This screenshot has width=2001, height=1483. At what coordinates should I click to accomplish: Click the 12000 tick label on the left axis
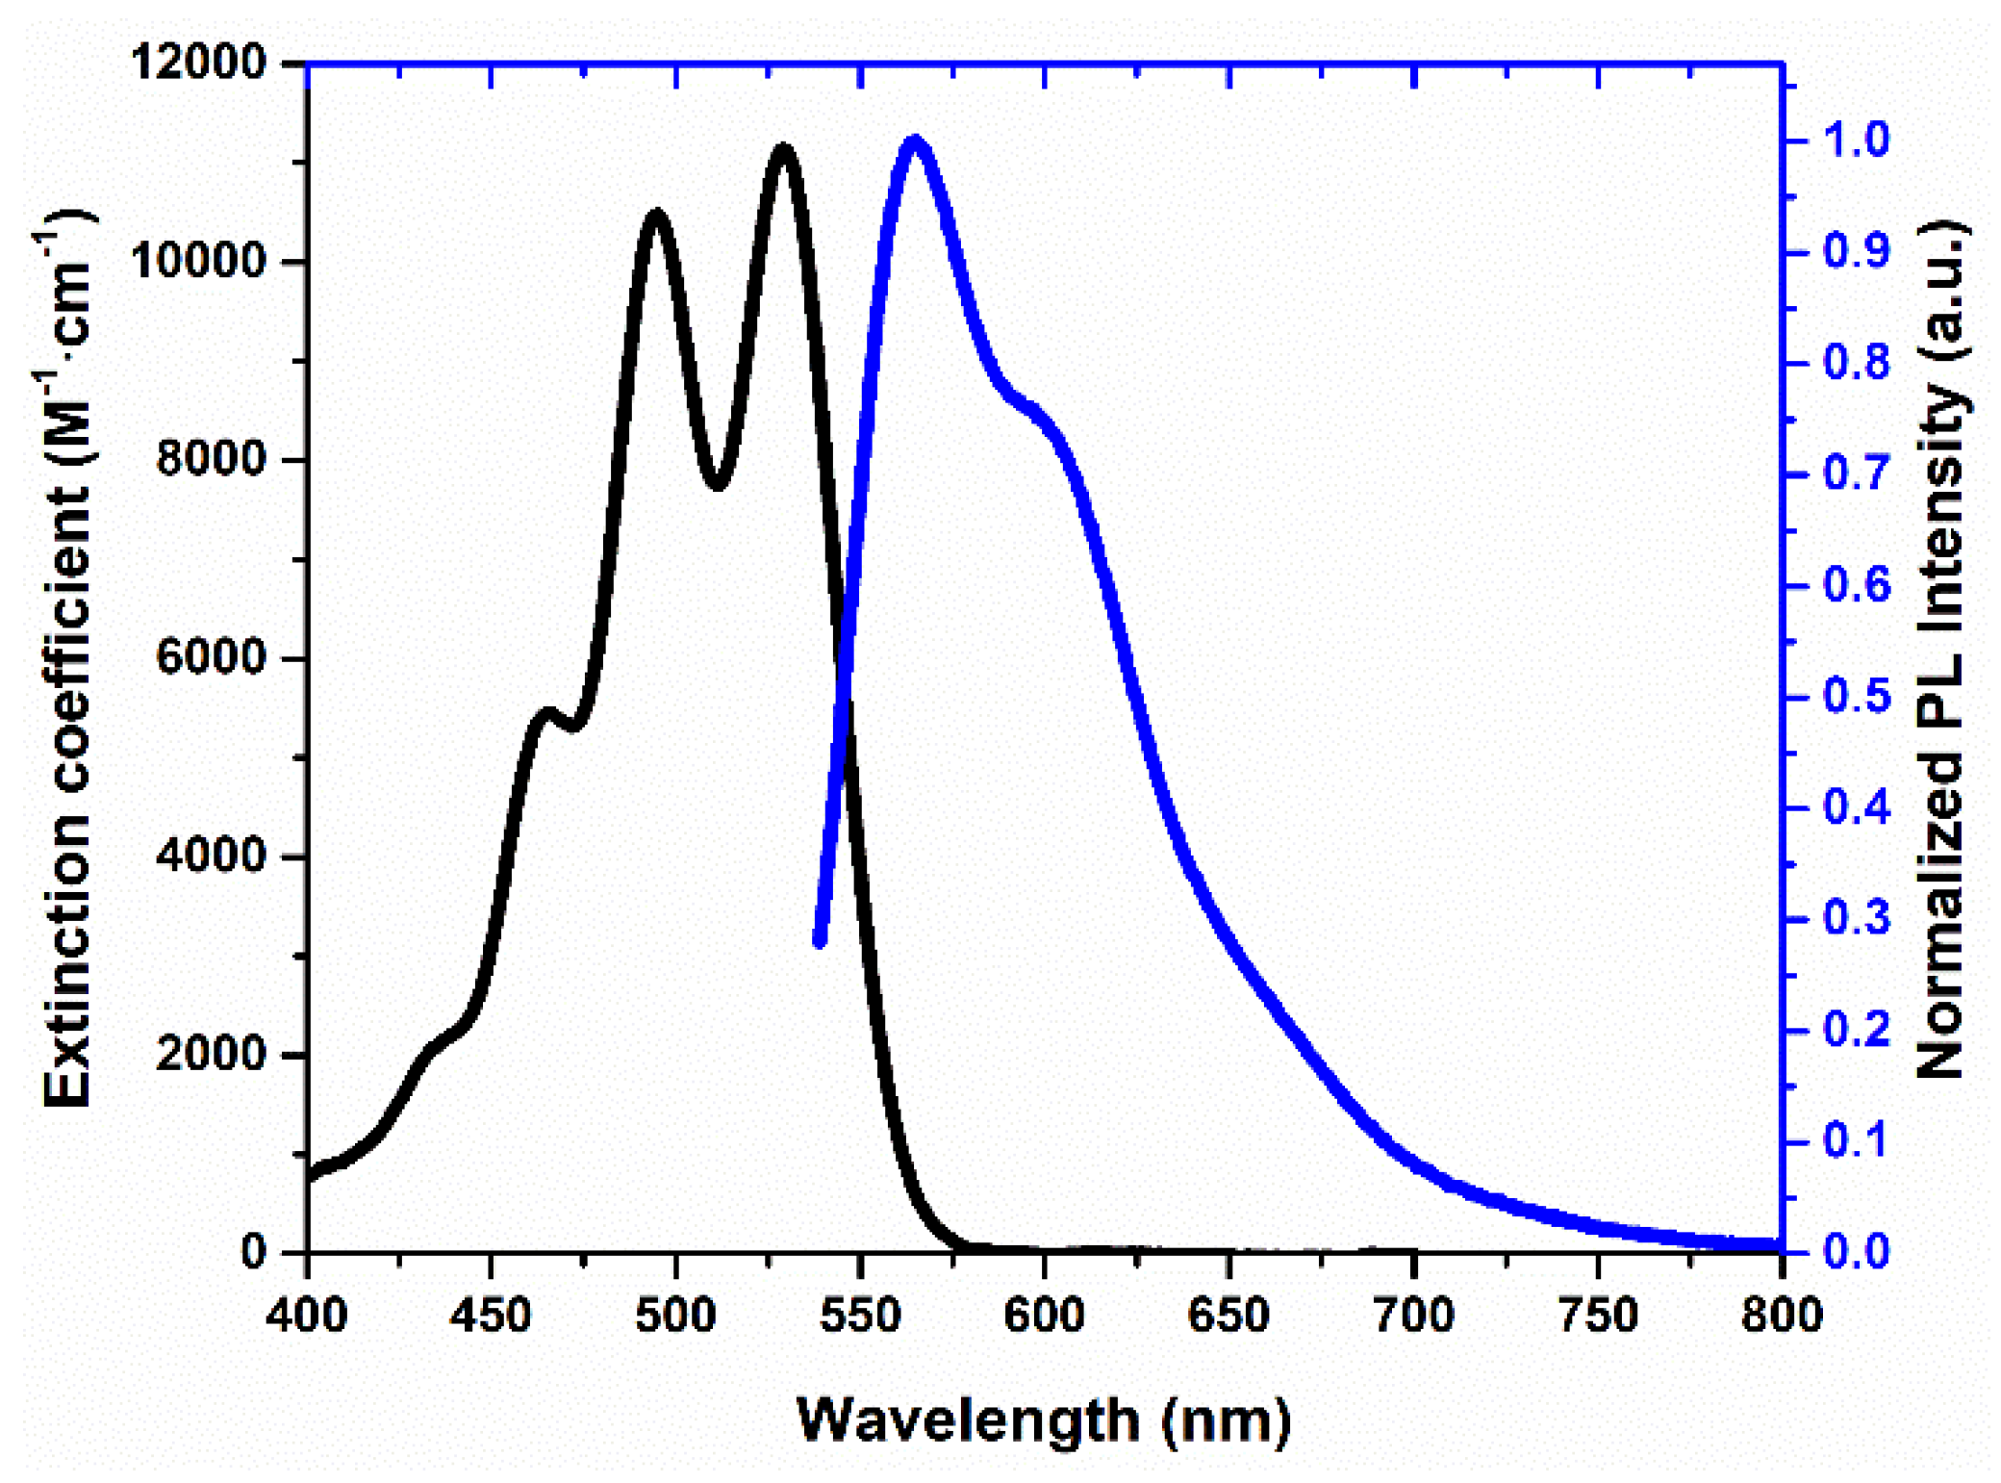pyautogui.click(x=197, y=63)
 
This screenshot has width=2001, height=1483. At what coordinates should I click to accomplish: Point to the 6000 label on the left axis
pyautogui.click(x=209, y=657)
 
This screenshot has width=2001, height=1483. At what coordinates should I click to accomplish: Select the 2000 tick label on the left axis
pyautogui.click(x=209, y=1054)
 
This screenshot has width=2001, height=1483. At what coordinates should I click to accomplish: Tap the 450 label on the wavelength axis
pyautogui.click(x=491, y=1314)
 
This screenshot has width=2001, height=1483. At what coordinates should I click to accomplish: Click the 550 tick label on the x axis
pyautogui.click(x=860, y=1314)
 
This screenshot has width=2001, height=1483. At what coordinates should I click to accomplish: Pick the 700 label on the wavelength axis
pyautogui.click(x=1413, y=1314)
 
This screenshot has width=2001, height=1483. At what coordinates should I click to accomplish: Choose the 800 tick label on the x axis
pyautogui.click(x=1782, y=1314)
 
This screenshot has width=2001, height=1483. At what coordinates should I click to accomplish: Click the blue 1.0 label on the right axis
pyautogui.click(x=1856, y=141)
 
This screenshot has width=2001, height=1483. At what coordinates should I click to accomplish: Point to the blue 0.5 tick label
pyautogui.click(x=1856, y=696)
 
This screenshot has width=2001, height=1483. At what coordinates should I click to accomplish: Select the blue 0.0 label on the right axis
pyautogui.click(x=1856, y=1251)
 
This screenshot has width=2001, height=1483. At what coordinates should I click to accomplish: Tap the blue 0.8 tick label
pyautogui.click(x=1856, y=363)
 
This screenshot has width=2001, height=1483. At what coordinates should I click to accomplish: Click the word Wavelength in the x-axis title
pyautogui.click(x=968, y=1419)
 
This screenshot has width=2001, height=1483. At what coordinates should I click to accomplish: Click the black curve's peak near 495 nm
pyautogui.click(x=657, y=213)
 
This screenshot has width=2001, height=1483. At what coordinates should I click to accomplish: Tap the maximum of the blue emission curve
pyautogui.click(x=915, y=141)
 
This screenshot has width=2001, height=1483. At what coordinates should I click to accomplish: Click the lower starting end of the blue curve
pyautogui.click(x=820, y=941)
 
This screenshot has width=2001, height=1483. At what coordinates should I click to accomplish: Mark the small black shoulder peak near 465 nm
pyautogui.click(x=546, y=713)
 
